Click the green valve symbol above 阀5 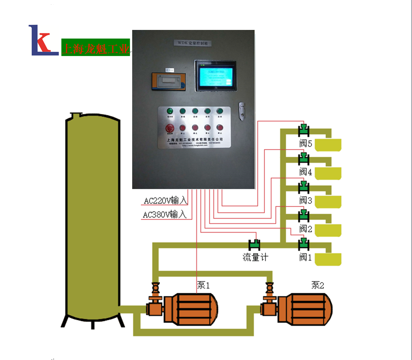point(304,129)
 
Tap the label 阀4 point(306,172)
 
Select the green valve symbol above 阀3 point(304,186)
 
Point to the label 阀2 point(306,229)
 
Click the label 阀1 point(306,257)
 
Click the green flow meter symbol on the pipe point(255,245)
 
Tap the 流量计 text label point(255,257)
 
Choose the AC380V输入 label point(165,215)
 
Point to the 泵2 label point(317,285)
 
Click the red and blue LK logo point(43,40)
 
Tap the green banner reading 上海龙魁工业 point(95,48)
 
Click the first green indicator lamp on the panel point(170,111)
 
